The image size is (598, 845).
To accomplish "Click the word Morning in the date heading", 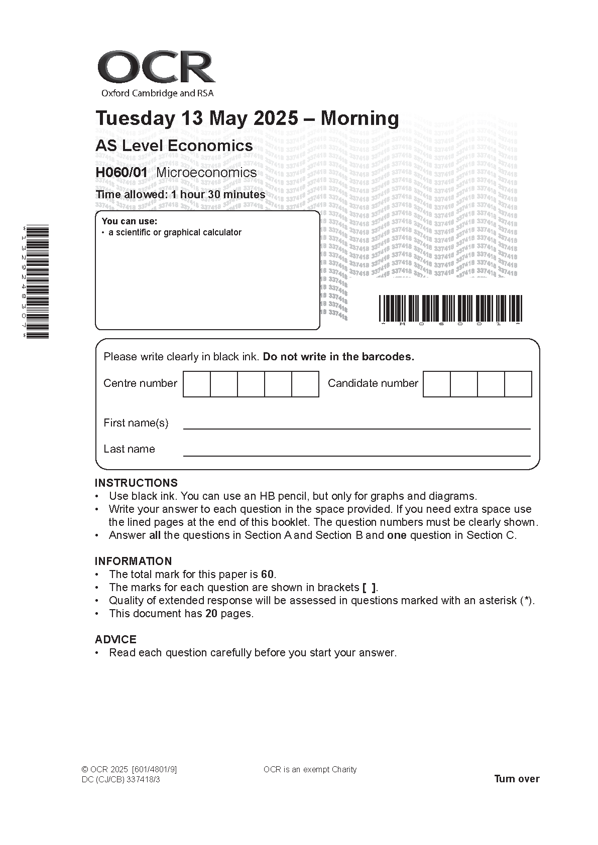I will (360, 118).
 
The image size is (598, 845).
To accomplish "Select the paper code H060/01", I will (122, 173).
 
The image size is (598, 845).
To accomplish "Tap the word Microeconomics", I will (206, 173).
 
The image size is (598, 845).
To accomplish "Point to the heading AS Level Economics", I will (174, 146).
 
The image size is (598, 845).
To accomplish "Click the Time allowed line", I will (180, 195).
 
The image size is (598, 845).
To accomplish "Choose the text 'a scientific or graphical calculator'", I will (175, 232).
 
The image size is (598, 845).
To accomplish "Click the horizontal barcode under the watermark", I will (450, 308).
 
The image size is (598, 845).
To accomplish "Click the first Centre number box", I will (197, 384).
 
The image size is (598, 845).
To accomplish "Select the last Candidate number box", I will (518, 384).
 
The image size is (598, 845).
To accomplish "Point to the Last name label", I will (129, 449).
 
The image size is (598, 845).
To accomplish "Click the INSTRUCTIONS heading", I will (136, 483).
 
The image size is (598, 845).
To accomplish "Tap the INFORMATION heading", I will (133, 561).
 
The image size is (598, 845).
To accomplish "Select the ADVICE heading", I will (115, 640).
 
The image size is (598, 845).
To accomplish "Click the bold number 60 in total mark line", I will (268, 575).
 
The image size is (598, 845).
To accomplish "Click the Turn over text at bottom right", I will (517, 779).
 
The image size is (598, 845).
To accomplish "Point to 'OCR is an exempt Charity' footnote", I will (310, 770).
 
